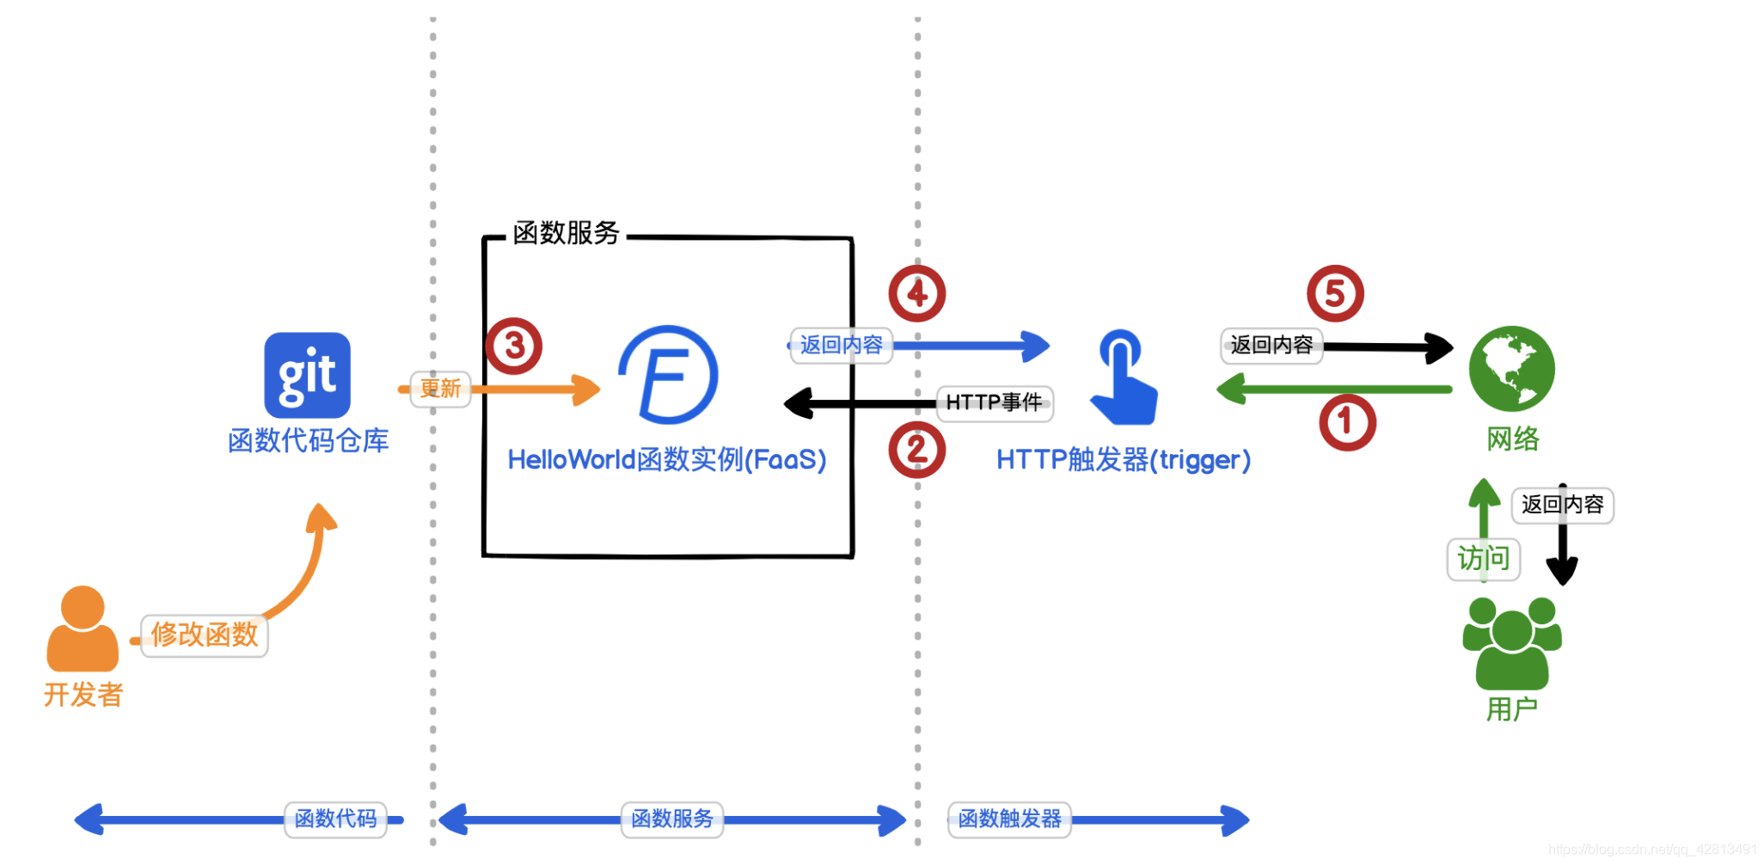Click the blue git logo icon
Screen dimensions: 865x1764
(x=307, y=375)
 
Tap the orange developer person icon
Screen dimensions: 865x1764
(x=83, y=629)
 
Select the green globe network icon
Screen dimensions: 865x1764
(x=1511, y=368)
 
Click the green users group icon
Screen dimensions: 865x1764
(x=1512, y=643)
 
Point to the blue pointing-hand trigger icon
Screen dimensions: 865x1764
(x=1124, y=378)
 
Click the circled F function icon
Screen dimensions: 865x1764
(x=669, y=375)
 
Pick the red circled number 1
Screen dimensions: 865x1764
(x=1347, y=422)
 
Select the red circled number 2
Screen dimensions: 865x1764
(x=916, y=450)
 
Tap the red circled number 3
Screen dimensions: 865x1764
(x=514, y=346)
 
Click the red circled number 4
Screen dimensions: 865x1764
(x=916, y=294)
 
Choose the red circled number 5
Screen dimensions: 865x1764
(x=1334, y=294)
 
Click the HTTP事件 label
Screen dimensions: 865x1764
(x=995, y=402)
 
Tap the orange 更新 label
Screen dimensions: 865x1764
(x=440, y=389)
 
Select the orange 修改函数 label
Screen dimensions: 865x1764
(x=205, y=635)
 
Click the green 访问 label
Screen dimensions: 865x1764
(x=1484, y=559)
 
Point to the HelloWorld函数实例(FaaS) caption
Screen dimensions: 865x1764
(x=666, y=460)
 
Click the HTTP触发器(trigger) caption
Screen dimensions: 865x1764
(x=1123, y=460)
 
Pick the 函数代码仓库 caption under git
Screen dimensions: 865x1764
(x=308, y=441)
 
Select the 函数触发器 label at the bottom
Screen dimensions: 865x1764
(x=1009, y=819)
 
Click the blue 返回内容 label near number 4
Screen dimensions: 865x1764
(x=841, y=346)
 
